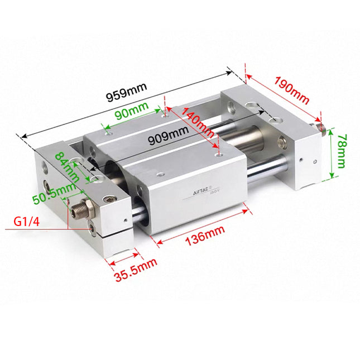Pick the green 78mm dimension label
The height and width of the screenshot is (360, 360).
(x=343, y=152)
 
